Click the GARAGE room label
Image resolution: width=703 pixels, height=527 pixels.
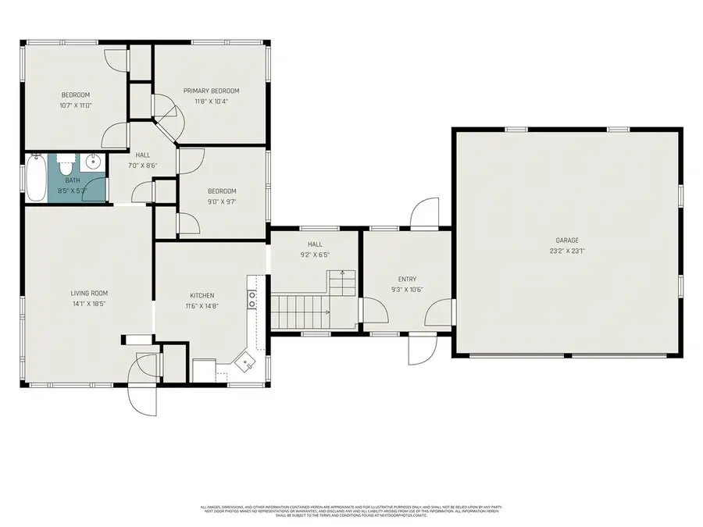pyautogui.click(x=566, y=240)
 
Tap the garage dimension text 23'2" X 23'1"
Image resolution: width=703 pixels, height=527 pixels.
pyautogui.click(x=566, y=251)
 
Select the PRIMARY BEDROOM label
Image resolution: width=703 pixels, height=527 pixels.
pyautogui.click(x=211, y=91)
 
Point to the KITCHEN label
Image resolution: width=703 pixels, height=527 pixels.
pyautogui.click(x=202, y=295)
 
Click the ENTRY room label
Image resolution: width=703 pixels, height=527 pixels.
pyautogui.click(x=407, y=279)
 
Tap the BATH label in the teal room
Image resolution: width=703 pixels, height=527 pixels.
pyautogui.click(x=72, y=180)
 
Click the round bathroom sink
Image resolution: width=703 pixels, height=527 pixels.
pyautogui.click(x=93, y=163)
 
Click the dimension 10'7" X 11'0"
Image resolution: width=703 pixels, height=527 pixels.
pyautogui.click(x=76, y=105)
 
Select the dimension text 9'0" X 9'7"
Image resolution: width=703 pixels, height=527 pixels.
pyautogui.click(x=221, y=201)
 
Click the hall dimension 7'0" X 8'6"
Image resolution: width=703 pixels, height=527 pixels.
pyautogui.click(x=142, y=166)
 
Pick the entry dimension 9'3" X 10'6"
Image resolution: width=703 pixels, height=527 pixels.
pyautogui.click(x=407, y=290)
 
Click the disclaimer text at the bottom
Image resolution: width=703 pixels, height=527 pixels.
pyautogui.click(x=351, y=511)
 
